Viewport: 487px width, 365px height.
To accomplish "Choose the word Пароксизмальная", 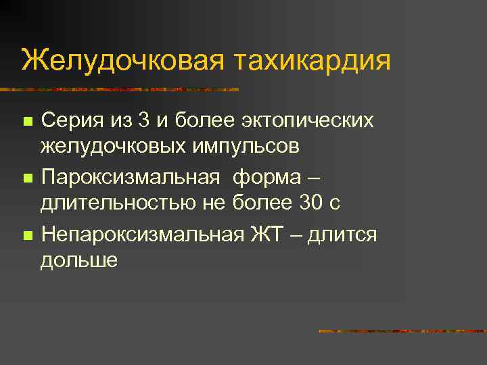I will coord(131,178).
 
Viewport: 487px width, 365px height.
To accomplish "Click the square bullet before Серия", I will coord(27,122).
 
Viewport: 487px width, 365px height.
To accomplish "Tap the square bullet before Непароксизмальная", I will coord(27,237).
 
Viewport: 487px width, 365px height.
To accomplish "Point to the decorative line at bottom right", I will coord(402,331).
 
